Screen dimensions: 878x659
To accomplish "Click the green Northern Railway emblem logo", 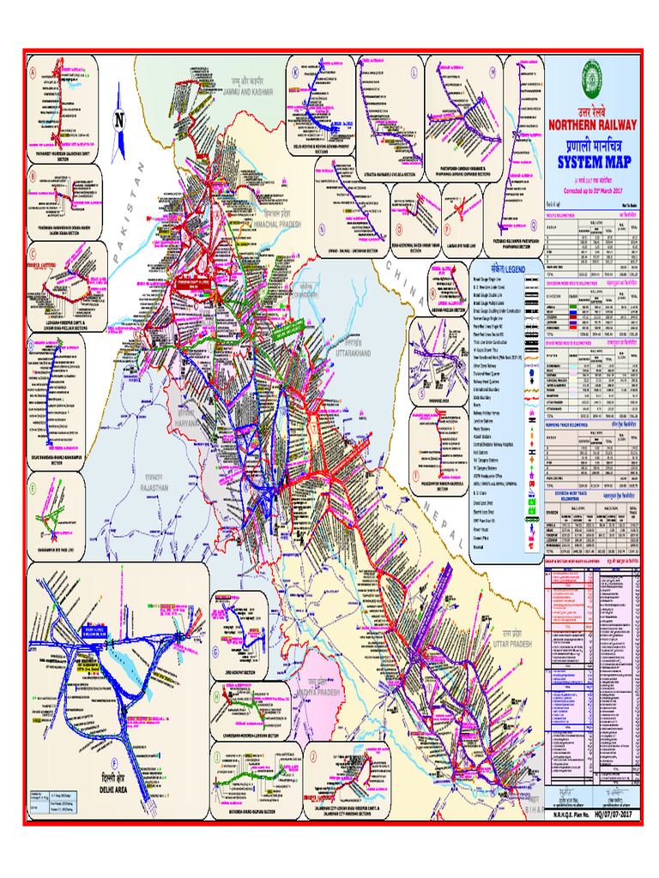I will [x=589, y=76].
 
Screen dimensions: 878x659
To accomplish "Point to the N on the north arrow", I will [x=120, y=119].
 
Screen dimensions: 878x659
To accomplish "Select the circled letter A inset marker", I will [x=33, y=74].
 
